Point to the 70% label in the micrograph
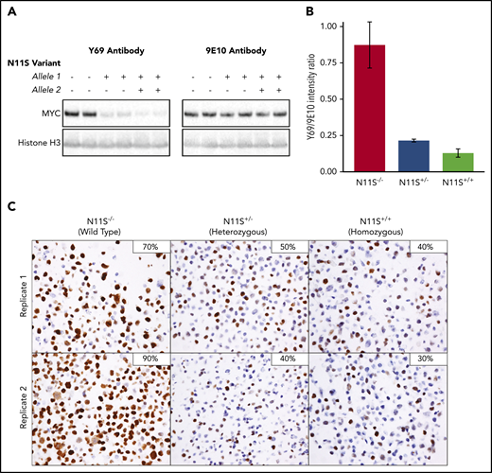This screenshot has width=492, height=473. (x=150, y=247)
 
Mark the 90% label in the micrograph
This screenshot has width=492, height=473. (x=150, y=359)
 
